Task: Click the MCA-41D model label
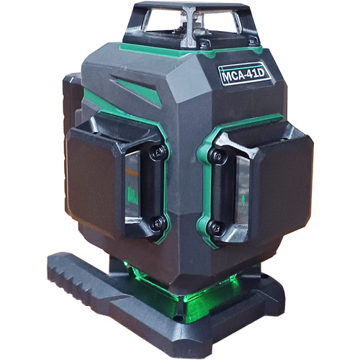coord(245,73)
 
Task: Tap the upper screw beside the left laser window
coord(158,152)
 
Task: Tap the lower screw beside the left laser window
coord(158,223)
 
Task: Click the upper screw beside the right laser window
coord(217,156)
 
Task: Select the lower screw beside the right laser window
coord(216,228)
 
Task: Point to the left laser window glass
coord(132,185)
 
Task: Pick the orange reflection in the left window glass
coord(132,172)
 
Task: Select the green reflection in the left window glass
coord(132,196)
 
